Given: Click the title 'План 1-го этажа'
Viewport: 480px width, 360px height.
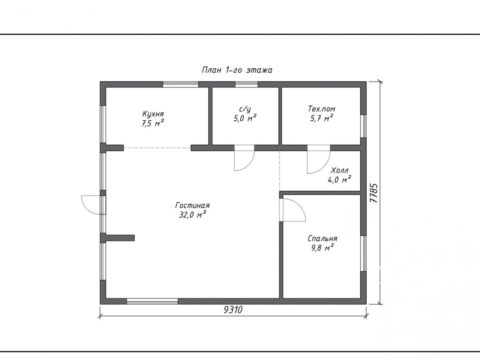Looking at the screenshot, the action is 236,70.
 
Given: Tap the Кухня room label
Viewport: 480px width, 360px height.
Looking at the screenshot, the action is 153,114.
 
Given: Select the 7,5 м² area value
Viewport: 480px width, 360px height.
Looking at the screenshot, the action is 152,123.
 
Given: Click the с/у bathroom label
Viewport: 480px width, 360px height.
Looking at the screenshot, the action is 245,109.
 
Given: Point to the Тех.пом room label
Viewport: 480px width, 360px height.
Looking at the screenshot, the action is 321,109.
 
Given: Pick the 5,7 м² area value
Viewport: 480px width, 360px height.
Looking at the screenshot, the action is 321,118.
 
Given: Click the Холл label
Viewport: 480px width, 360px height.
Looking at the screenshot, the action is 340,170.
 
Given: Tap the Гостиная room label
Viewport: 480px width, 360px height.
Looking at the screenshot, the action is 192,205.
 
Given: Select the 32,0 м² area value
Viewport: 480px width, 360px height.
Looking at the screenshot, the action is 192,215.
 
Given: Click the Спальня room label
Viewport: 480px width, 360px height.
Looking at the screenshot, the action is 322,238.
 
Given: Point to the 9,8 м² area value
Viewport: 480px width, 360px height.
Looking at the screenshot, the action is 322,248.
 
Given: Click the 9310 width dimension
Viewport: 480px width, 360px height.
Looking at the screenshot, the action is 233,310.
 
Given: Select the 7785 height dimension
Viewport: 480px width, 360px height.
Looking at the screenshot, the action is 374,193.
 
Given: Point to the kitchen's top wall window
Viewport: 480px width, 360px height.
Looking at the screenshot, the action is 181,85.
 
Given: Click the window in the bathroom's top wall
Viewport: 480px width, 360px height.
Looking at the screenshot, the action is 246,85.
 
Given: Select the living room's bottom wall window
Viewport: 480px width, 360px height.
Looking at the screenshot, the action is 152,301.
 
